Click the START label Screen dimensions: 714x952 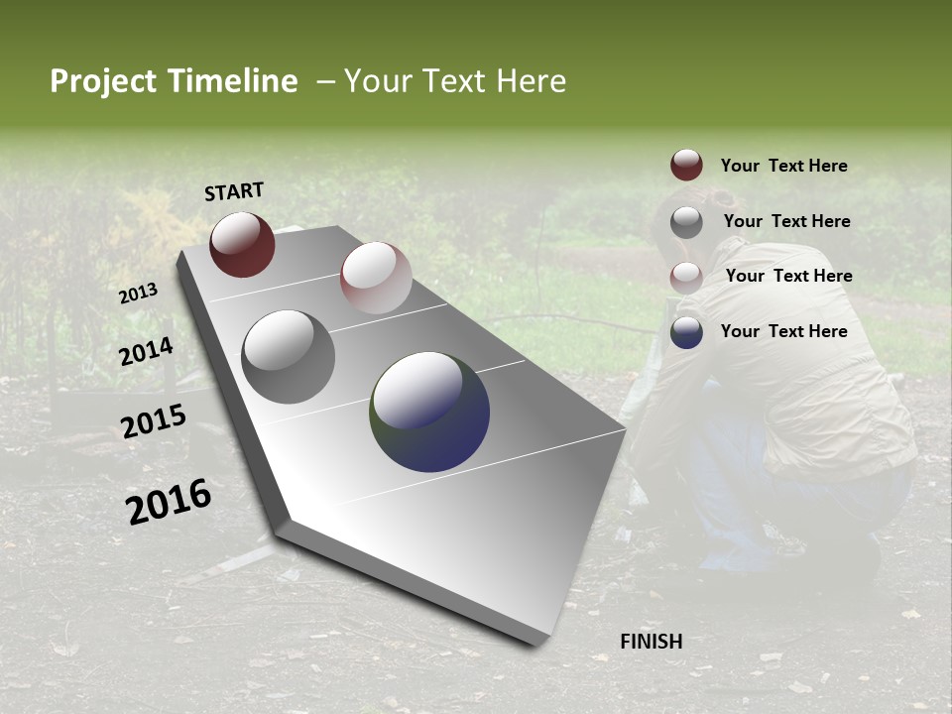[x=234, y=191]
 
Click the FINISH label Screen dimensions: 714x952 [x=652, y=642]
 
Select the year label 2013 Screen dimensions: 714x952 [x=139, y=294]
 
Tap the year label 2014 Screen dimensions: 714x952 [x=147, y=352]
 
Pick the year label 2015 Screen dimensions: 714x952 [x=154, y=421]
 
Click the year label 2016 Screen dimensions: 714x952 [x=169, y=502]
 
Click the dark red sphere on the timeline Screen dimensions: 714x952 [x=242, y=244]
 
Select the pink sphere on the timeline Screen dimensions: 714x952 [x=376, y=278]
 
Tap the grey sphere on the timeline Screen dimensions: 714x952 [x=289, y=357]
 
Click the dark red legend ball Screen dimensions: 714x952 [x=686, y=166]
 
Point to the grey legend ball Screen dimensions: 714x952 [x=686, y=222]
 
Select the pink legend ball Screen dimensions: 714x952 [x=686, y=277]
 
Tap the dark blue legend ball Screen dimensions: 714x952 [x=686, y=332]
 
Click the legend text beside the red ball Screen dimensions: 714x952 [x=783, y=167]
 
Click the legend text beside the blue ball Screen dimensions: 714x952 [x=783, y=331]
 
